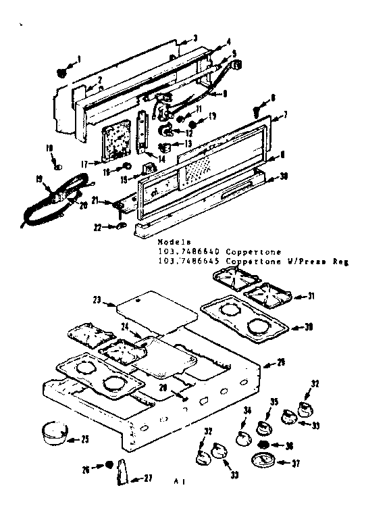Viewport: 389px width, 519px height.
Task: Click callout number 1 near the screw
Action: click(x=78, y=59)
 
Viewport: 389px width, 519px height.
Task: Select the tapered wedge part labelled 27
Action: click(x=124, y=470)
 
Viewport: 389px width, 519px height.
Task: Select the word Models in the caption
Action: click(x=174, y=241)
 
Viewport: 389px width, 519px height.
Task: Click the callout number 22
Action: click(x=97, y=228)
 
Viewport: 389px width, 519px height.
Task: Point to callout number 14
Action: click(x=162, y=158)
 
